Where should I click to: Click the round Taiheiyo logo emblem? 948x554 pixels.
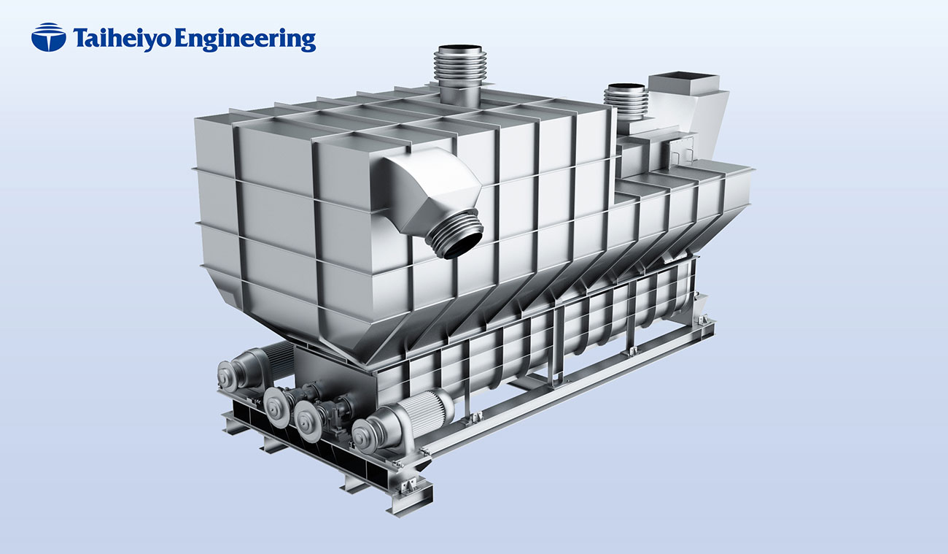(48, 38)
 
